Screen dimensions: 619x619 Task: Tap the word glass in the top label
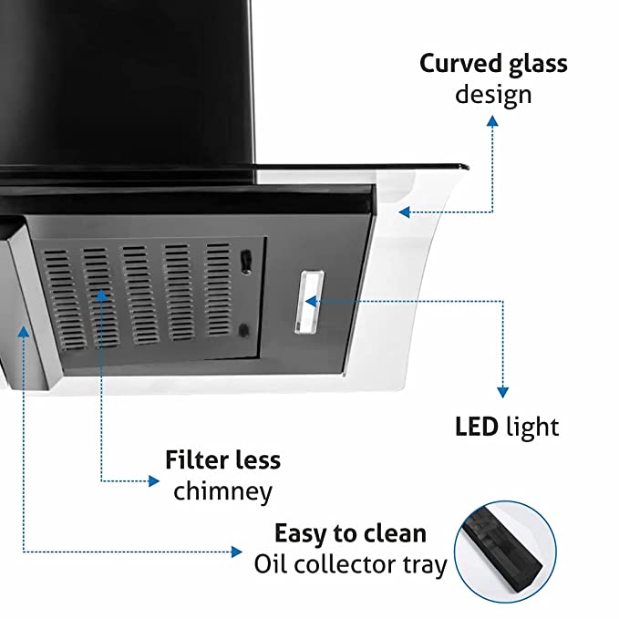tap(538, 64)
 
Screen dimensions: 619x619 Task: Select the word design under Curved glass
tap(493, 94)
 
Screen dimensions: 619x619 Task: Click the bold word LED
tap(475, 426)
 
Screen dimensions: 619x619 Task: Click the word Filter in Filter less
tap(194, 459)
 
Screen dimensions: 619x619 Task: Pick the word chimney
tap(222, 491)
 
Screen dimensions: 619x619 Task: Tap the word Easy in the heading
tap(304, 533)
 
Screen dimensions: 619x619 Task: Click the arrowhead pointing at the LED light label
tap(501, 392)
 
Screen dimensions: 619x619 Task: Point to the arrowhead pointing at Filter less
tap(153, 480)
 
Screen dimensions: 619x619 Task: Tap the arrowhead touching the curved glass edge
tap(404, 212)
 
